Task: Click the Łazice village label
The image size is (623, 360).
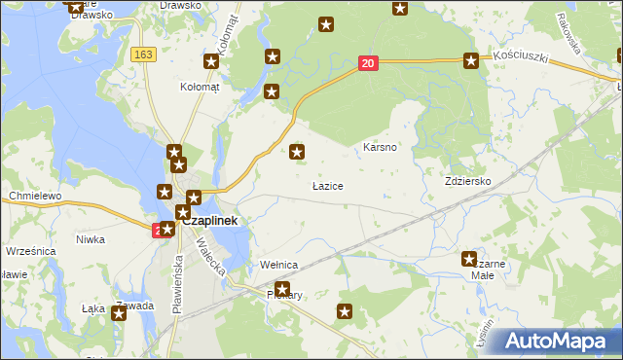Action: coord(327,185)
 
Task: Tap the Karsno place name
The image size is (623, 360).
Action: coord(378,148)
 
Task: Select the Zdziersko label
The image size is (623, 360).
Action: coord(467,182)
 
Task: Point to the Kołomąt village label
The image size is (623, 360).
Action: coord(201,87)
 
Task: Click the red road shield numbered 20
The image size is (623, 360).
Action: coord(367,63)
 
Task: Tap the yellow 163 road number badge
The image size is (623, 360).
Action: coord(144,55)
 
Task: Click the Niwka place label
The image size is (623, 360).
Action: coord(90,239)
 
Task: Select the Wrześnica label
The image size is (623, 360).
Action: coord(29,250)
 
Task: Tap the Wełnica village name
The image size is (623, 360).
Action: coord(278,265)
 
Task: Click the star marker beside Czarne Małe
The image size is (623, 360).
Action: coord(468,259)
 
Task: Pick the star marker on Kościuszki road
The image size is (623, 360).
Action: coord(471,60)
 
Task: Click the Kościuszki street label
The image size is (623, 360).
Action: coord(521,57)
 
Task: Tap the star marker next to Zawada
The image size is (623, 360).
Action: coord(119,313)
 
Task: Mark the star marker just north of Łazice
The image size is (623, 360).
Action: coord(298,151)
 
